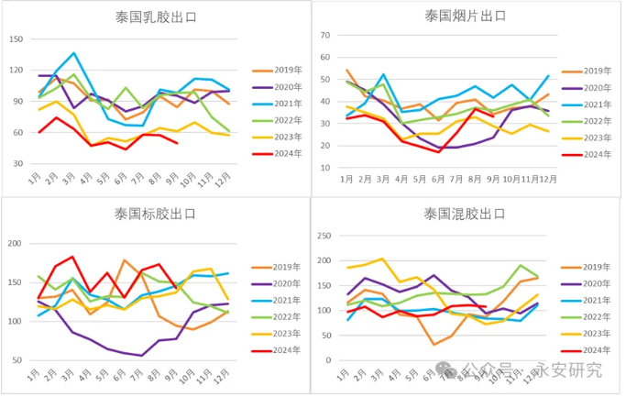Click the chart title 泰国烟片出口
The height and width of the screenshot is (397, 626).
466,16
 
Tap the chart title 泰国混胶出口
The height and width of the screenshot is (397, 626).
465,215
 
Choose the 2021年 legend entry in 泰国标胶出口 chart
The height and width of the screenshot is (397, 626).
285,301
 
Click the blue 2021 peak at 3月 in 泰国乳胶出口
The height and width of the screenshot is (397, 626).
74,53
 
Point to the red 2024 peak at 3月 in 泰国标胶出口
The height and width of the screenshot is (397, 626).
72,257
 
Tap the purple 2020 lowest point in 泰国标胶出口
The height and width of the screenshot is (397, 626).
142,355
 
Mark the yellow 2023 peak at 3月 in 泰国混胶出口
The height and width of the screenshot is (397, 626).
383,259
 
